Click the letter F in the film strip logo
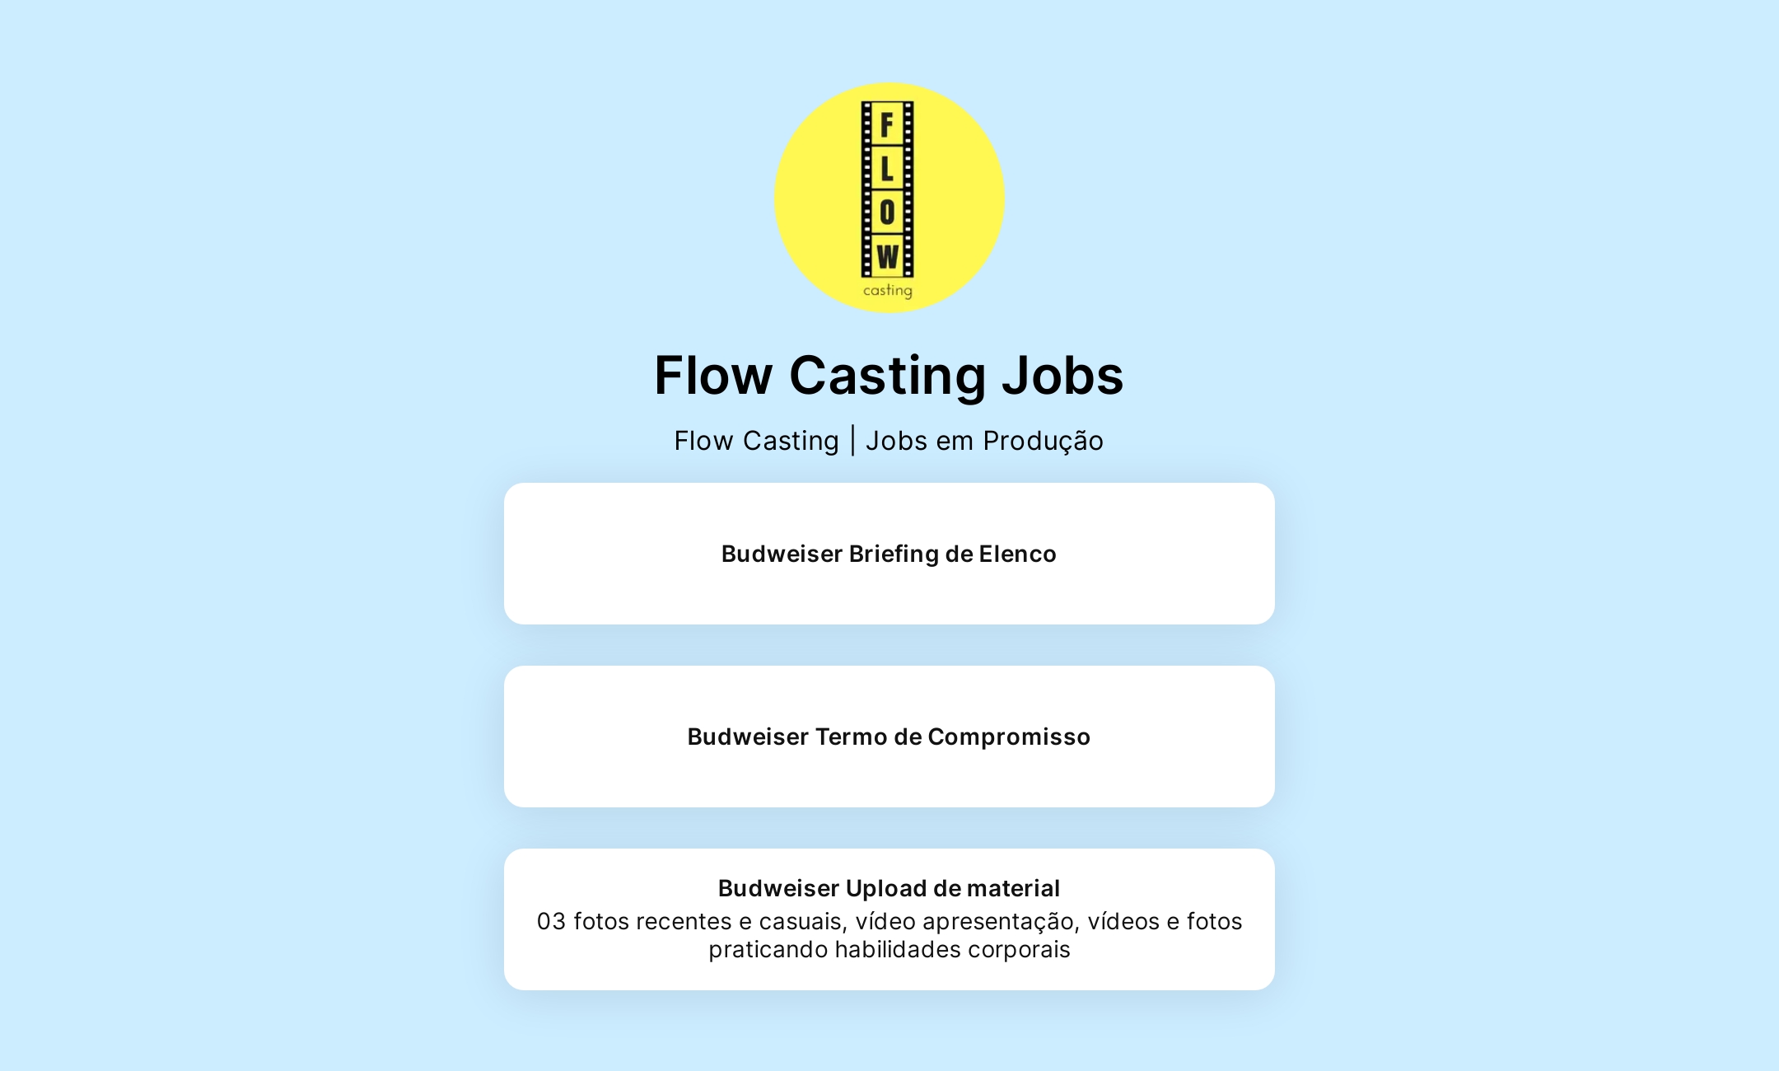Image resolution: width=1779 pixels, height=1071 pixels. [887, 125]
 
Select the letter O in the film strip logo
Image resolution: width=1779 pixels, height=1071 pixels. [887, 213]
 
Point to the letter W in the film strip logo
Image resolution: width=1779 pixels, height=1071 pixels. [887, 257]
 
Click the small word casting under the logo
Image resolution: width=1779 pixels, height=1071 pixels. [887, 291]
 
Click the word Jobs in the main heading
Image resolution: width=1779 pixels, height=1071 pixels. [1062, 376]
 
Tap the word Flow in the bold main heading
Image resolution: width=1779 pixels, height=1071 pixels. [713, 376]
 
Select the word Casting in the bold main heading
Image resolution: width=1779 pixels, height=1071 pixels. [887, 376]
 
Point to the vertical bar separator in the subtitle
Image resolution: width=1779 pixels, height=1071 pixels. [852, 441]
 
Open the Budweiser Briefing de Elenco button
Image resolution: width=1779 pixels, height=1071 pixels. [889, 554]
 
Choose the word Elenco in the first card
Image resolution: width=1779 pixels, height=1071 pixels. [1017, 554]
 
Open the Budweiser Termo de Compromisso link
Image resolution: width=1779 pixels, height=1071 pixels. [889, 737]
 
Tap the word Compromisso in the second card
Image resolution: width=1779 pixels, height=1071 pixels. [1009, 737]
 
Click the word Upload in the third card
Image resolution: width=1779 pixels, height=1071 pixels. [886, 888]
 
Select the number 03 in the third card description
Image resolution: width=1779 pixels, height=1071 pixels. [551, 921]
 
